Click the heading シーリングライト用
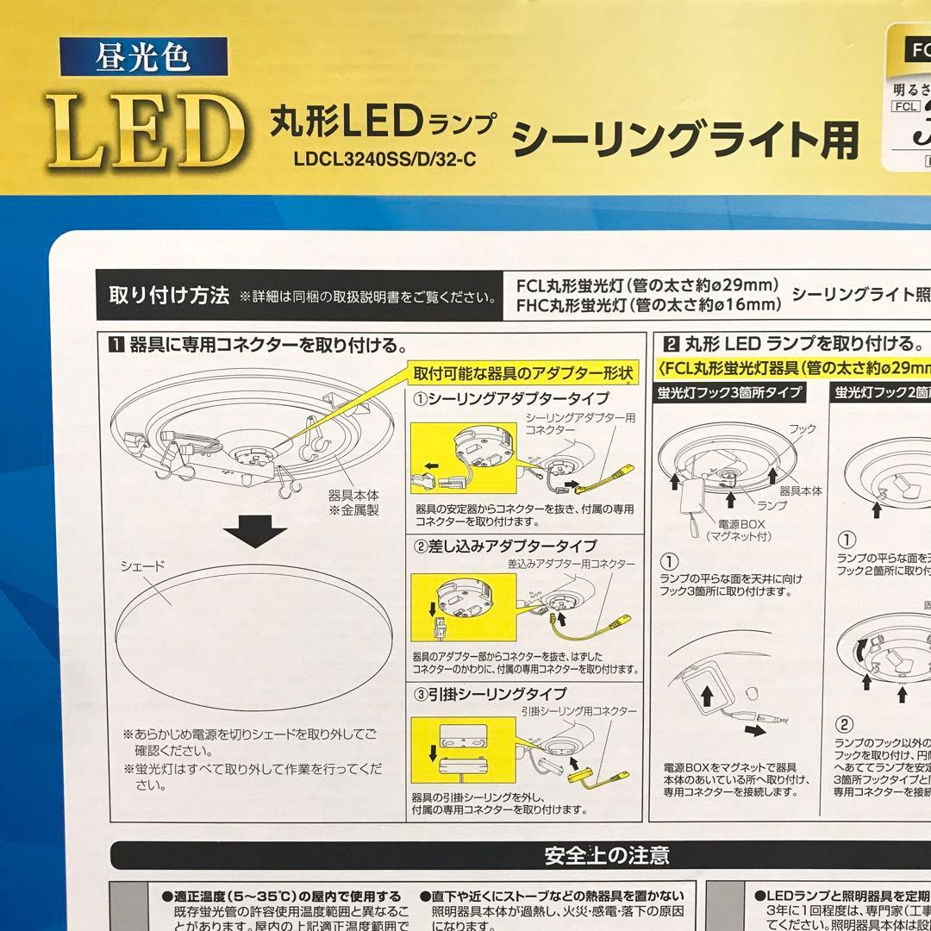[685, 138]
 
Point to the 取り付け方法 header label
[169, 297]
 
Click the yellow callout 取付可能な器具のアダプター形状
[524, 374]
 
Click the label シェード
[143, 565]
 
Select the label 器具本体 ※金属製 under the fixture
[354, 502]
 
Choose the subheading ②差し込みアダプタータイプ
[505, 546]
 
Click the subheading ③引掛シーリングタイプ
[490, 693]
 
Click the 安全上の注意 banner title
[607, 855]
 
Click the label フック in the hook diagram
[802, 428]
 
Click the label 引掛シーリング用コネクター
[578, 711]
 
